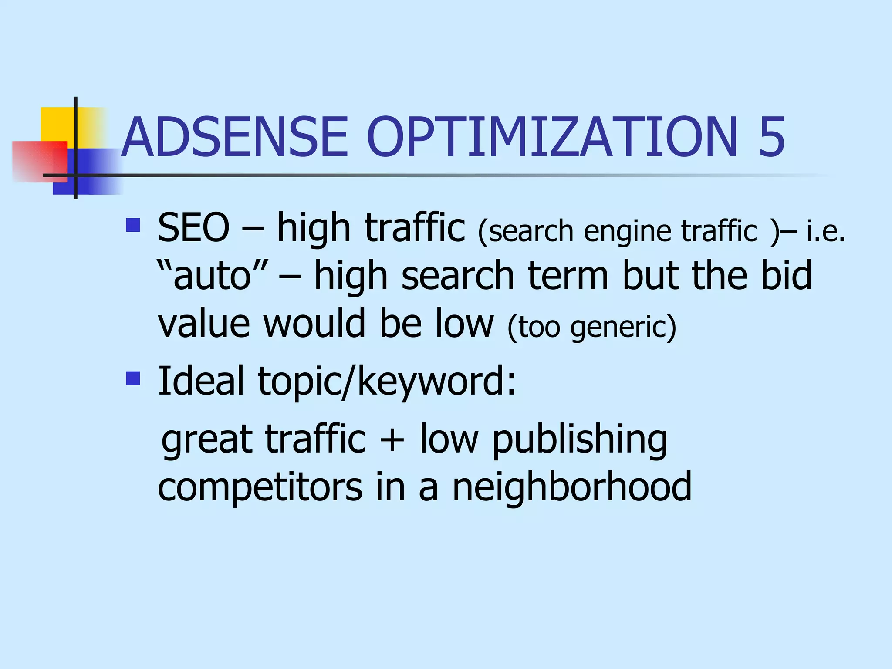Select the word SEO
coord(193,227)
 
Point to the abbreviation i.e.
coord(826,231)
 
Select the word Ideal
coord(201,381)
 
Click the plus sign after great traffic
coord(392,440)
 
